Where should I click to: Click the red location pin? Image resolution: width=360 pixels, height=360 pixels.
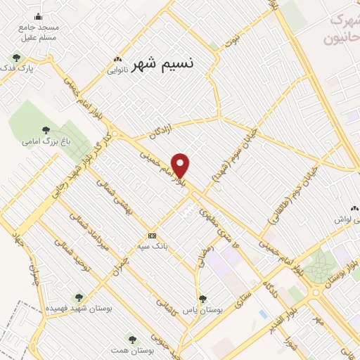pyautogui.click(x=181, y=165)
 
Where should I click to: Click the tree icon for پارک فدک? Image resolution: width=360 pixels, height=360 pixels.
pyautogui.click(x=15, y=58)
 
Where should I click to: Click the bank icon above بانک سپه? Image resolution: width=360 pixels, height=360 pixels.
pyautogui.click(x=152, y=236)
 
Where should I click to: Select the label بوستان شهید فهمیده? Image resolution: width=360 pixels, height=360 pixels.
pyautogui.click(x=79, y=308)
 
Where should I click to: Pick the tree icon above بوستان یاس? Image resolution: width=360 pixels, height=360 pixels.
pyautogui.click(x=202, y=299)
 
